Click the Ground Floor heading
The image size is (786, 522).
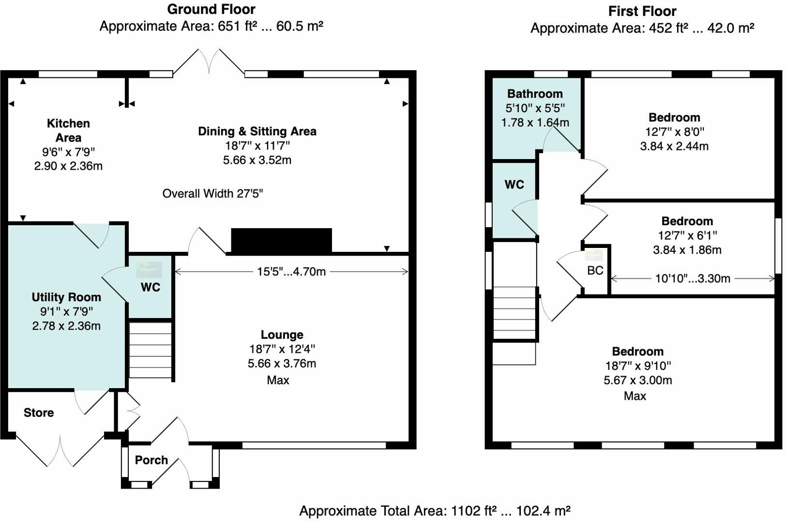(211, 10)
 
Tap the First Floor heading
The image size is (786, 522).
(642, 11)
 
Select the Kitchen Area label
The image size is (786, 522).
(68, 130)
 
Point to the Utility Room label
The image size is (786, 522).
(66, 297)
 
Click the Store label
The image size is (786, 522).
(39, 413)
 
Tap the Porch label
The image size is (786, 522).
(151, 460)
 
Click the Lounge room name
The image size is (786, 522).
(282, 335)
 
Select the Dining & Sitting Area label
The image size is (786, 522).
(257, 131)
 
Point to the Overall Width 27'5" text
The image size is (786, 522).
(212, 193)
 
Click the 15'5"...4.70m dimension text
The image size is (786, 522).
(291, 272)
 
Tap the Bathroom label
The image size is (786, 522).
(535, 94)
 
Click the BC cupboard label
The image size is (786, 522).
(595, 270)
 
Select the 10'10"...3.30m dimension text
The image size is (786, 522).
(693, 278)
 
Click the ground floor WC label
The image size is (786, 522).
(151, 287)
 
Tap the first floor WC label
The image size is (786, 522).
(514, 185)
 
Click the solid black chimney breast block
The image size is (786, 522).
(281, 240)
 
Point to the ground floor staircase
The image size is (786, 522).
(151, 350)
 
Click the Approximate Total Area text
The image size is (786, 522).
(435, 511)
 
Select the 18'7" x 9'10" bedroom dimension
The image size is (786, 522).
(638, 366)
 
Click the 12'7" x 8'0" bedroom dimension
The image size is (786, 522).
(674, 132)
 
